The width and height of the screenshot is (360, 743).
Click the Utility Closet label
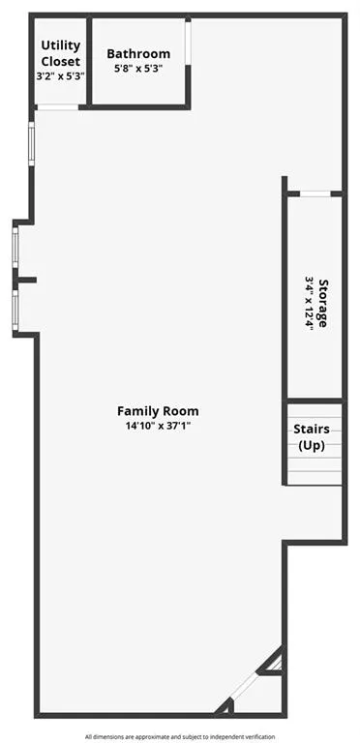coord(60,53)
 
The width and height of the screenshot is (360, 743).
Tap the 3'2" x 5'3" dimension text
coord(60,75)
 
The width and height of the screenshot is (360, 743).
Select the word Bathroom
coord(138,54)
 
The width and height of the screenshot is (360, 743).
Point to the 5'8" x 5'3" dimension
coord(138,69)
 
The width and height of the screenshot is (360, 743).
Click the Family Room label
coord(158,410)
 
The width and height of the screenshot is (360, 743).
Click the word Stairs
coord(312,429)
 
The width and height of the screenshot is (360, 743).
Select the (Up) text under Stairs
coord(312,445)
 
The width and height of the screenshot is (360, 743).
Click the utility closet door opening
coord(58,106)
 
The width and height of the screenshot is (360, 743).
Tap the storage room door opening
coord(314,193)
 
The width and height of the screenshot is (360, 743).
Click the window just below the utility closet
coord(32,142)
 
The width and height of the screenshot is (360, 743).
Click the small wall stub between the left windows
coord(25,281)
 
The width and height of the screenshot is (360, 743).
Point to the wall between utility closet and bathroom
coord(88,61)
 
